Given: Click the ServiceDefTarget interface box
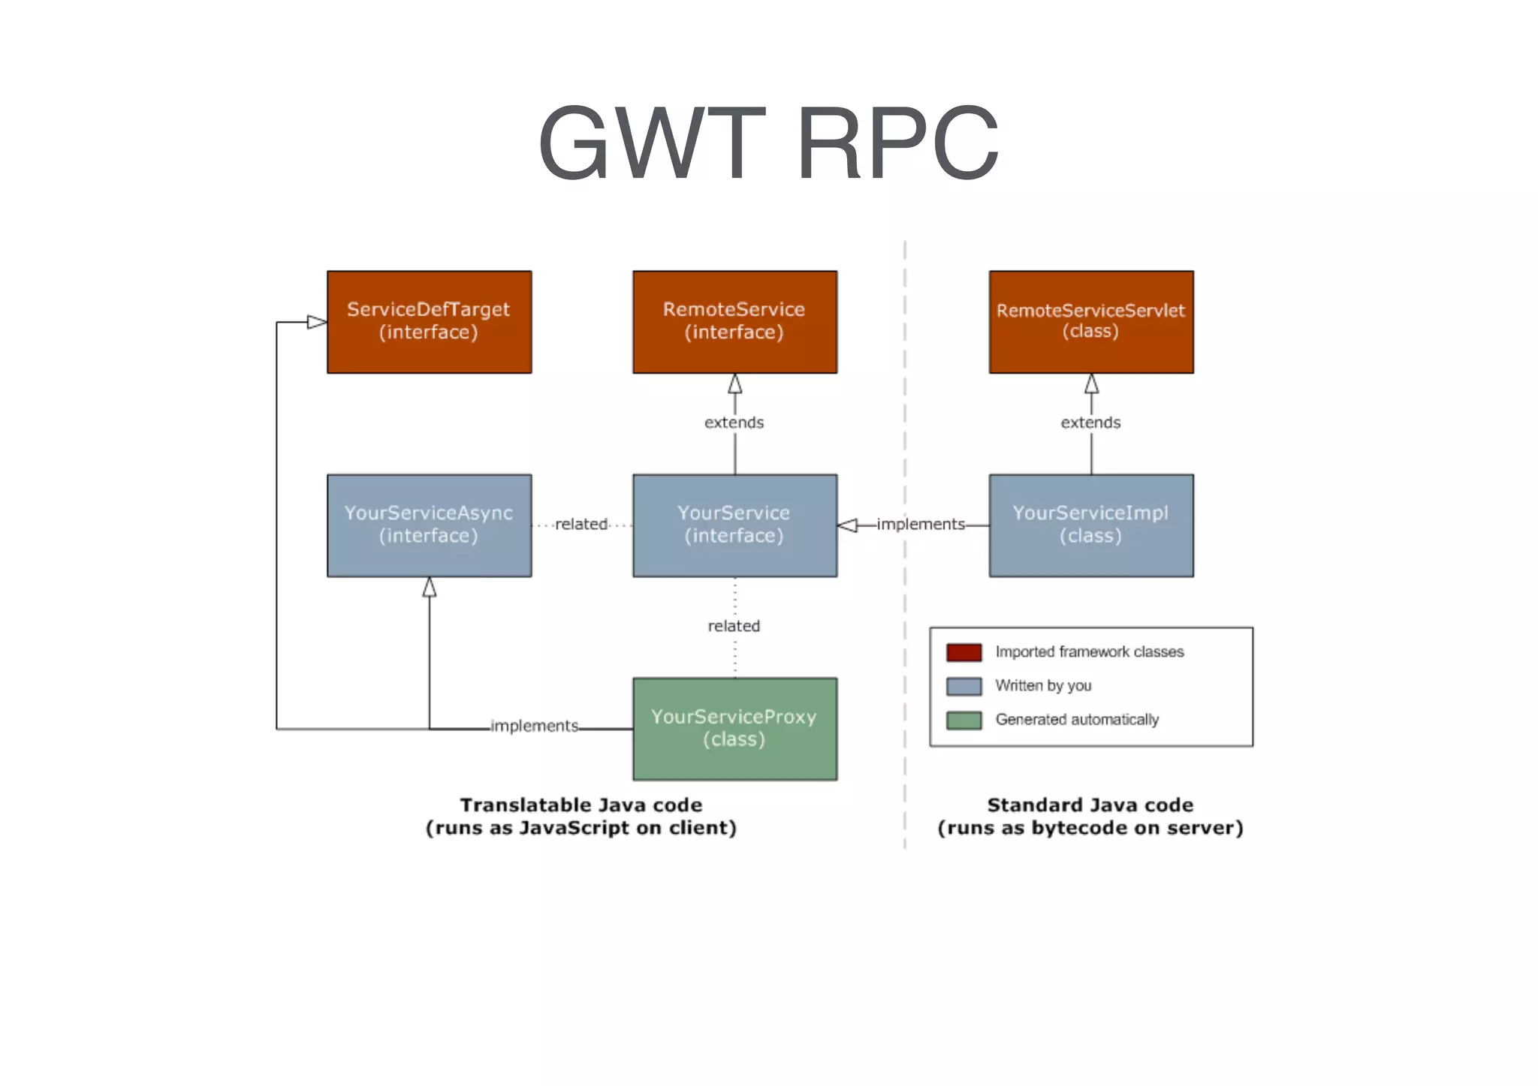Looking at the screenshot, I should [x=429, y=322].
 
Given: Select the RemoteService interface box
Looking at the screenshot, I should [x=734, y=322].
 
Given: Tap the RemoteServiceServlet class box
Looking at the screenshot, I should [x=1090, y=322].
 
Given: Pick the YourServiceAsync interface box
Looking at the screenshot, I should [x=429, y=525].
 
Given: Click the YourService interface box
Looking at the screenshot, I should [x=734, y=525].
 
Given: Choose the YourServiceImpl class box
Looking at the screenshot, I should [x=1090, y=525].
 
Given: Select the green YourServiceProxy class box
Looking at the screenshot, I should [x=734, y=728].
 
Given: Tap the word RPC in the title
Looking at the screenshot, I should [x=897, y=143].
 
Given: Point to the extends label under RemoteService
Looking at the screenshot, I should [x=734, y=423].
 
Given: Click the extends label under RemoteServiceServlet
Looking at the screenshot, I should [x=1090, y=423].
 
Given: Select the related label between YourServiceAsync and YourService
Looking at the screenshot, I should [x=581, y=524].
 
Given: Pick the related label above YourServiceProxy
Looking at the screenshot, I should [x=734, y=626].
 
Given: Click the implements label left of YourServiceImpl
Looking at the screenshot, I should [x=921, y=524].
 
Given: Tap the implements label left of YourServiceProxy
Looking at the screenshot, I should [x=534, y=726].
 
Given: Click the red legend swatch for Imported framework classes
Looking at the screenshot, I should [x=964, y=652].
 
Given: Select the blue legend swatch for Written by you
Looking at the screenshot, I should [x=964, y=686].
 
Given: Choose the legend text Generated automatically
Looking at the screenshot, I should [x=1077, y=720].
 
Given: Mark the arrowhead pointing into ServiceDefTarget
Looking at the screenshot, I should [x=317, y=322].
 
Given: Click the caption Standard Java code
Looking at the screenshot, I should [x=1090, y=805].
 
